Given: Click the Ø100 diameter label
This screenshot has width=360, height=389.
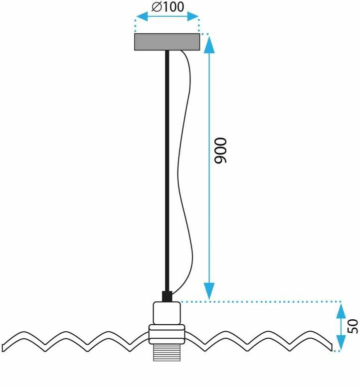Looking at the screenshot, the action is click(168, 6).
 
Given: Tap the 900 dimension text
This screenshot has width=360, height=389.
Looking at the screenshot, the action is click(220, 150).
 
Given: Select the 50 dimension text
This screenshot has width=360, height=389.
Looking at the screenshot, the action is click(353, 326).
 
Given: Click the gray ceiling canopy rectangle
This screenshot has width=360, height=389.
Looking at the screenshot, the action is click(167, 42).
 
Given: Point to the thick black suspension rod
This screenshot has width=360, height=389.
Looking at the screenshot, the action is click(167, 171).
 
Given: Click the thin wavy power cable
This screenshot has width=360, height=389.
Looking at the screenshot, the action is click(185, 171).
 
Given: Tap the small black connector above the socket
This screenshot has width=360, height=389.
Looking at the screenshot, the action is click(167, 296).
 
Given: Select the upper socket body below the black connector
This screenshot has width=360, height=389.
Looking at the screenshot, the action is click(167, 313).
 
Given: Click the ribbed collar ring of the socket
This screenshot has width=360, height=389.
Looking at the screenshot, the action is click(167, 334).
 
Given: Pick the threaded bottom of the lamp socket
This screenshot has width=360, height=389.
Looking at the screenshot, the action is click(167, 352).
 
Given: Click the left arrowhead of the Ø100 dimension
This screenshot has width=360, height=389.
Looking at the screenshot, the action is click(142, 17).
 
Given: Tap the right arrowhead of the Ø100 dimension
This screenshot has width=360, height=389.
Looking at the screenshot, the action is click(192, 16).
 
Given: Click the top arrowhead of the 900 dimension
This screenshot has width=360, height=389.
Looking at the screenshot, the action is click(209, 45).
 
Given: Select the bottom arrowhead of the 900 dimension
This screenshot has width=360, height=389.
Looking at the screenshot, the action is click(209, 291).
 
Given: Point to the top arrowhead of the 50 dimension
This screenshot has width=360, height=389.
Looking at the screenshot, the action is click(341, 311).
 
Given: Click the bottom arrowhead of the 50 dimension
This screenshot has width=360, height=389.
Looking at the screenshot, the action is click(341, 342).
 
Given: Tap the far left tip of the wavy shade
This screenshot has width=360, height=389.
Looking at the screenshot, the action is click(2, 348).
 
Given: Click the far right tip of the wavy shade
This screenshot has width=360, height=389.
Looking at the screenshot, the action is click(332, 348).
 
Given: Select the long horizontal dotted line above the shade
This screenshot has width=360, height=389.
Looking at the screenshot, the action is click(260, 302).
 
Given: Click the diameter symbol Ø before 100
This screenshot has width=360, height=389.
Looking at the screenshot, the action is click(157, 7).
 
